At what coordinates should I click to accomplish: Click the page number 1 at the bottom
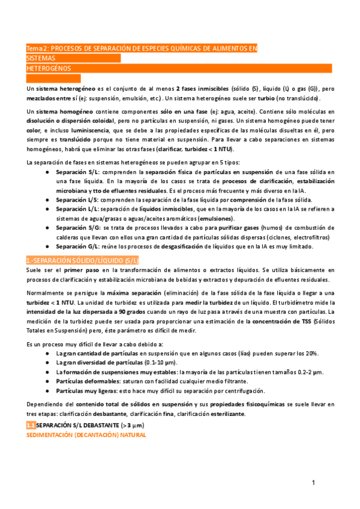pyautogui.click(x=313, y=483)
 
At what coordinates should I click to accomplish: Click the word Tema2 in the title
pyautogui.click(x=37, y=48)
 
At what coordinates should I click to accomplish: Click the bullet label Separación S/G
pyautogui.click(x=77, y=227)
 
